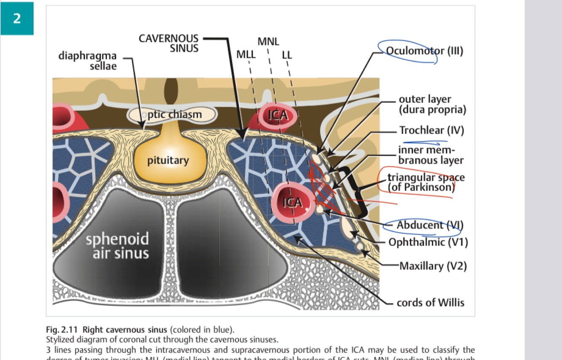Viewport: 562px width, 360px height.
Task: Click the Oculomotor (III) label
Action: tap(424, 51)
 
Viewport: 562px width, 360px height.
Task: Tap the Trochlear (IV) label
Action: tap(431, 130)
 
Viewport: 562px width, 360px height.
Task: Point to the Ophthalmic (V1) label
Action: tap(428, 242)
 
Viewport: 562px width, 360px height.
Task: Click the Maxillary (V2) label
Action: tap(433, 266)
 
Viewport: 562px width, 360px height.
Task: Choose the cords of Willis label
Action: tap(430, 303)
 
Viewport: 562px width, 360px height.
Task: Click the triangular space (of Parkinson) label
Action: tap(426, 182)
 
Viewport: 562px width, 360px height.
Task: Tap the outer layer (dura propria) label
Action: tap(432, 105)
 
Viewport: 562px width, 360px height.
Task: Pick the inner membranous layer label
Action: tap(431, 155)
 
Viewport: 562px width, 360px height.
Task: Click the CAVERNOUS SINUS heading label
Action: tap(169, 43)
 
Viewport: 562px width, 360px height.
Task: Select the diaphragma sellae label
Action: tap(87, 61)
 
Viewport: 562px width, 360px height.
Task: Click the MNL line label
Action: tap(268, 42)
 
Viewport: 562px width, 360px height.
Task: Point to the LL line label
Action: tap(286, 55)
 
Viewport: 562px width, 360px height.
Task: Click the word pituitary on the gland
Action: tap(168, 161)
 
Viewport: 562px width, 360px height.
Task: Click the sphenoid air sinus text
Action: tap(117, 246)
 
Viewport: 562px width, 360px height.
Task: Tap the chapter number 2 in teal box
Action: tap(17, 19)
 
